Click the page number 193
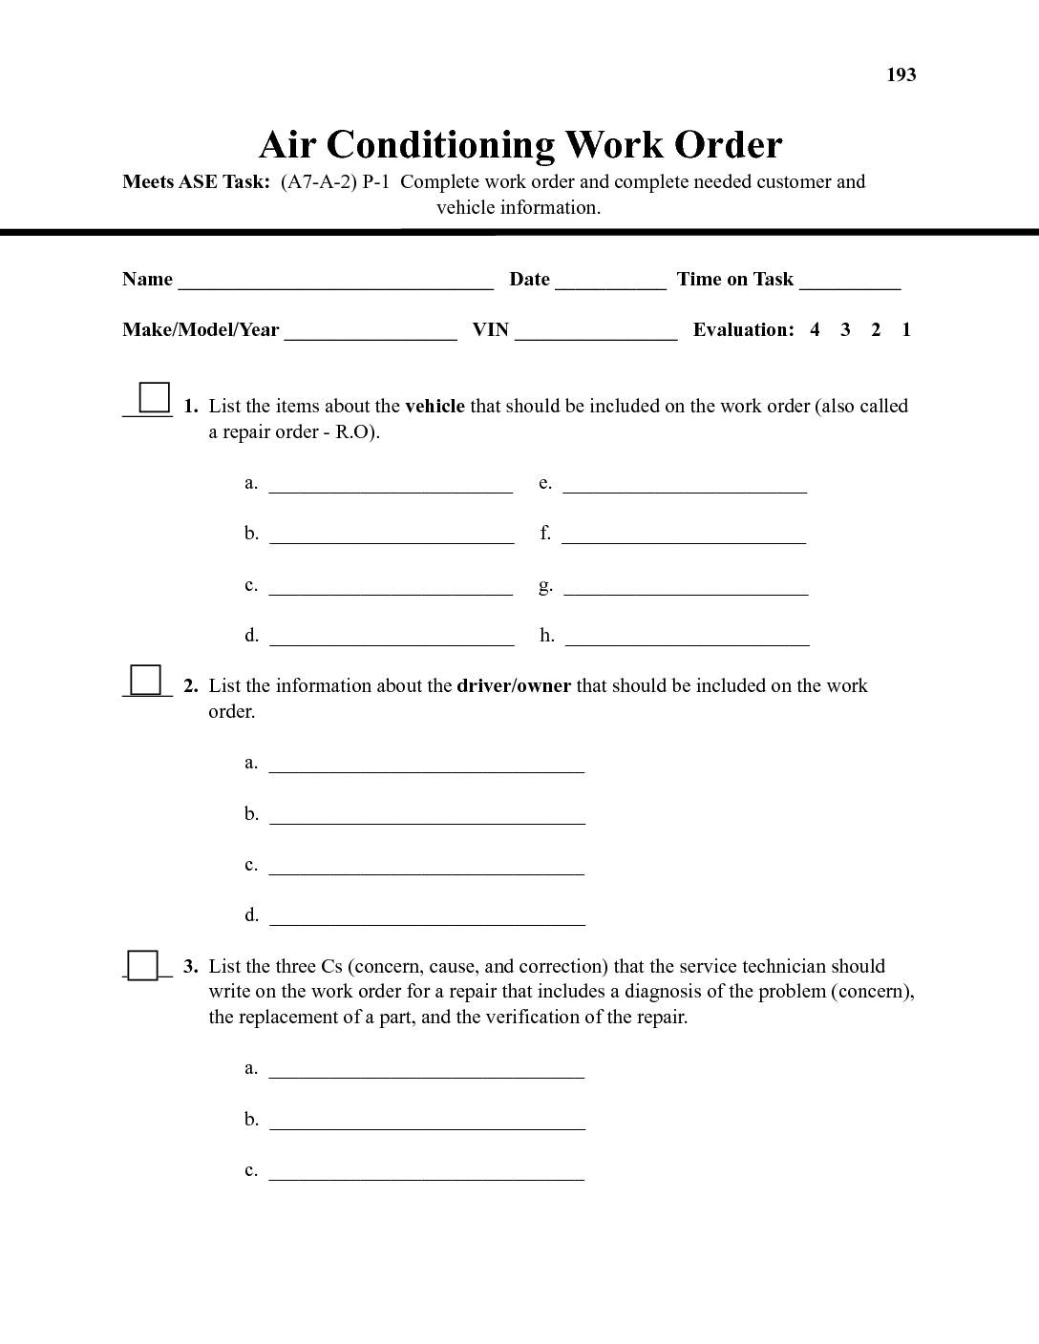tap(901, 75)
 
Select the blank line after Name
tap(335, 283)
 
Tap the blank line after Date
tap(610, 283)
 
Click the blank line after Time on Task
tap(850, 283)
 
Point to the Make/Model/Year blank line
tap(371, 334)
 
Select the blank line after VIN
tap(596, 334)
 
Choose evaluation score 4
tap(815, 330)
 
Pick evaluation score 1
tap(906, 330)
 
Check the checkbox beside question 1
tap(154, 397)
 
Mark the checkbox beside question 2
tap(146, 680)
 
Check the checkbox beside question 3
tap(143, 965)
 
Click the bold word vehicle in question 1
tap(435, 407)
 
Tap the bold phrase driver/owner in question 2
tap(514, 686)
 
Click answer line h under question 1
tap(688, 640)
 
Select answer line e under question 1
tap(685, 488)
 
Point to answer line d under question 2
tap(427, 920)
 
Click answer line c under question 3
tap(427, 1175)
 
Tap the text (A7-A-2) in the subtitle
tap(318, 182)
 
